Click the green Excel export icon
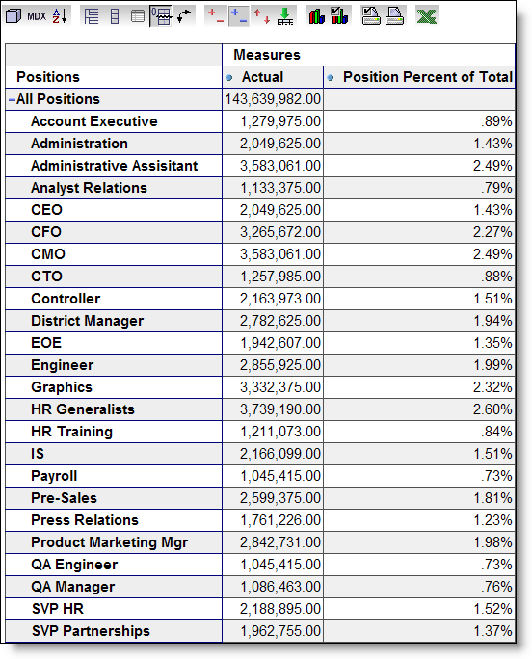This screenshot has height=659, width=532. (x=426, y=16)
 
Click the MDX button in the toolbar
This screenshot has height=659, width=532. (x=37, y=16)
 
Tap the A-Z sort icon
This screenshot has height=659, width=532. (x=60, y=16)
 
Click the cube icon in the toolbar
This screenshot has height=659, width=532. (x=13, y=16)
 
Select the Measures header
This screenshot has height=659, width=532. (x=267, y=55)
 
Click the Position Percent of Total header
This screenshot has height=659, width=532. (x=428, y=77)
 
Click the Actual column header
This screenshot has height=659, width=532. (x=262, y=77)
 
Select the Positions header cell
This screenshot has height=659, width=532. (x=48, y=77)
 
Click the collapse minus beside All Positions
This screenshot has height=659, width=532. (x=12, y=99)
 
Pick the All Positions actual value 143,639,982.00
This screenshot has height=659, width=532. (x=273, y=99)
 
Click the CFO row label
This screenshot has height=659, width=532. (x=46, y=232)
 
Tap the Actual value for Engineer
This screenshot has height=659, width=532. (x=280, y=365)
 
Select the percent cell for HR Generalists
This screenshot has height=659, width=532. (x=492, y=409)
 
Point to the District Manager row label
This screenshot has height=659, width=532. (x=87, y=321)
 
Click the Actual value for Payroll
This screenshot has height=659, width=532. (x=280, y=476)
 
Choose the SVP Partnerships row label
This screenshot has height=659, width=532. (x=91, y=631)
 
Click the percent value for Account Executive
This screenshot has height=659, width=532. (x=496, y=121)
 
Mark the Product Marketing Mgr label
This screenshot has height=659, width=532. (x=109, y=542)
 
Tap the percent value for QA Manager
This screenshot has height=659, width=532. (x=496, y=587)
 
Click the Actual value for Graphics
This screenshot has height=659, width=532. (x=280, y=387)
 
